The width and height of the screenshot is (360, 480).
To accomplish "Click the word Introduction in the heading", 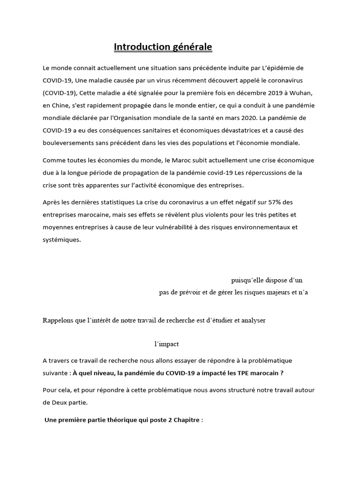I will click(141, 47).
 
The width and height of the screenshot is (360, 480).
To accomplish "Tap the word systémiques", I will click(61, 240).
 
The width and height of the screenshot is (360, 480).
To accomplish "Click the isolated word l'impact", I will click(166, 344).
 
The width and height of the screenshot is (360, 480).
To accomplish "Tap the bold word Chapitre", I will click(185, 420).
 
